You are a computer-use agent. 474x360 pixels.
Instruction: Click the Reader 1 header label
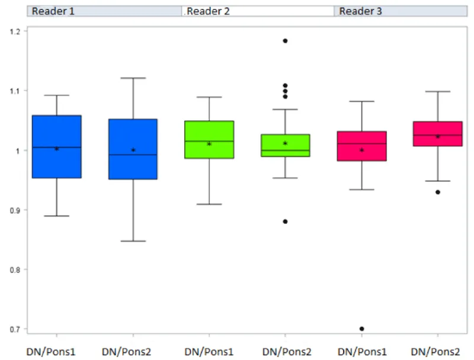pos(53,11)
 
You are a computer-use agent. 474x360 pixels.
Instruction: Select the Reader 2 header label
pos(209,11)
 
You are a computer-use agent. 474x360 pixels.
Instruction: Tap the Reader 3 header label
pos(360,11)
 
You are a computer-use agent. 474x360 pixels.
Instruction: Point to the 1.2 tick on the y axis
pos(15,32)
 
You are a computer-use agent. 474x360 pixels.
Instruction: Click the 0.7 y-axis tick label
pos(15,329)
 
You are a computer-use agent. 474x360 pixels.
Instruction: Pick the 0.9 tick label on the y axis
pos(15,211)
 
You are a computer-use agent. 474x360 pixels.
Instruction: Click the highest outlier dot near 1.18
pos(285,41)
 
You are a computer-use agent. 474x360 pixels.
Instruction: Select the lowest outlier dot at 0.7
pos(362,329)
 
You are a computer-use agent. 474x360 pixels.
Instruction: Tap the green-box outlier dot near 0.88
pos(285,221)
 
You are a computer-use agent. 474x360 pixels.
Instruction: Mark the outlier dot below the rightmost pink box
pos(438,192)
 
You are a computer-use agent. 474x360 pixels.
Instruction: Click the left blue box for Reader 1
pos(57,147)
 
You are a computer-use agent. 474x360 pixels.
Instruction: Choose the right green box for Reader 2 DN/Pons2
pos(286,145)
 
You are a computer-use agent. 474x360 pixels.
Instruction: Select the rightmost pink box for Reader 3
pos(438,134)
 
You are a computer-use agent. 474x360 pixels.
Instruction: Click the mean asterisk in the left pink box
pos(362,150)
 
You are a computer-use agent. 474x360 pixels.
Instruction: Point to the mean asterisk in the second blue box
pos(133,150)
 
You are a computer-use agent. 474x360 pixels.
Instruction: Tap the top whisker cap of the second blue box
pos(133,78)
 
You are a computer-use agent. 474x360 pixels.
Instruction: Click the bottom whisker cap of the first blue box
pos(57,216)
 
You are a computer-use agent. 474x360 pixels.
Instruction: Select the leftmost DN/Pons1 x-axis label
pos(51,352)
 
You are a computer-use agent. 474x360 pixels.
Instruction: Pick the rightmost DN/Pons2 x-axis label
pos(435,352)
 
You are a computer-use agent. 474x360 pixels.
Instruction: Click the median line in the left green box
pos(209,141)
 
